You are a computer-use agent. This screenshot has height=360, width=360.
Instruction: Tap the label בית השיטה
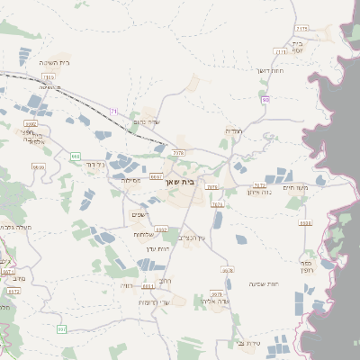55,62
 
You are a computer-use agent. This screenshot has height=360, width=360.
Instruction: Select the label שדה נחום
145,121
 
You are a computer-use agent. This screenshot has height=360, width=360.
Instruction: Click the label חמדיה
234,131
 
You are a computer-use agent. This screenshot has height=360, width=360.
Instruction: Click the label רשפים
139,214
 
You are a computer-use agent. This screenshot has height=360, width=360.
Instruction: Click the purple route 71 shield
114,111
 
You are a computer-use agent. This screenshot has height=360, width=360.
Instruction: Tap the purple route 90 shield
265,99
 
